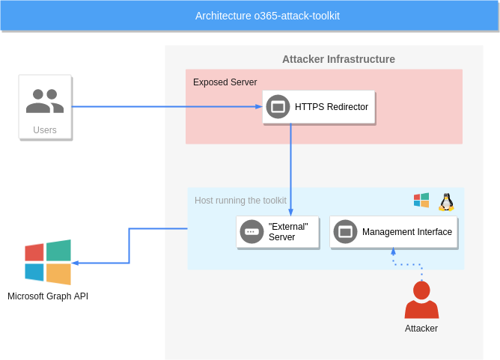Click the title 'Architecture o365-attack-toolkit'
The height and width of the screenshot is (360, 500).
tap(267, 16)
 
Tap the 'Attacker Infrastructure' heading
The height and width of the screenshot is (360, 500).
tap(338, 59)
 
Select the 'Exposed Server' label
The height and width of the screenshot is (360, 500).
tap(225, 82)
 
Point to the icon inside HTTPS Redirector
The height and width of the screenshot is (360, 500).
tap(278, 107)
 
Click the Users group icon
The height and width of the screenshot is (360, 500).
tap(45, 101)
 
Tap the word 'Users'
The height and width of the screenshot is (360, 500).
tap(45, 130)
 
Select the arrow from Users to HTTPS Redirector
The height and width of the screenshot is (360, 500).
tap(165, 106)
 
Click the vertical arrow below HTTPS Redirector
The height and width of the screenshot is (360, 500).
tap(290, 168)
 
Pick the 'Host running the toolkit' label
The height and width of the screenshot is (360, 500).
tap(240, 200)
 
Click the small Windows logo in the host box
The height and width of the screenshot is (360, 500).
tap(421, 201)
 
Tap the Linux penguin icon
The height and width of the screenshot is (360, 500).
tap(447, 201)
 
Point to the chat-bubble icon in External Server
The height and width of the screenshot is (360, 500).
tap(251, 232)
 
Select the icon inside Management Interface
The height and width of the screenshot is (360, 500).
tap(345, 232)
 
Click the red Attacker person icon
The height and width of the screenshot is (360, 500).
tap(421, 300)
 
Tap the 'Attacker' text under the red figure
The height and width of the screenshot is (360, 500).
tap(421, 329)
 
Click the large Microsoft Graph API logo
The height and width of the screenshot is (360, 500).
tap(48, 262)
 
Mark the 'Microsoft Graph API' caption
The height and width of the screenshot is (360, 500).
tap(48, 296)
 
